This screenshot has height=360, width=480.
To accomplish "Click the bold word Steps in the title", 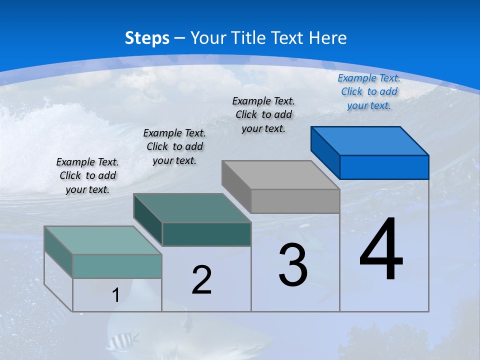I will (147, 38).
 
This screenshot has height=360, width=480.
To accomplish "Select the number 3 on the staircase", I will (293, 265).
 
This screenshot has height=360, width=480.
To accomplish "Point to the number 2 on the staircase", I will (201, 280).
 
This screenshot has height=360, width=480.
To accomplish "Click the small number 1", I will (115, 295).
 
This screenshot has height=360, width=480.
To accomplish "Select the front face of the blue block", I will (384, 167).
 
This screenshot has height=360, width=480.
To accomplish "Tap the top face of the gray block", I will (280, 174).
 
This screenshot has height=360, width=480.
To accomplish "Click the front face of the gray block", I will (295, 201).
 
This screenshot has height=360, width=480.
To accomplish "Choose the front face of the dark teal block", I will (206, 234).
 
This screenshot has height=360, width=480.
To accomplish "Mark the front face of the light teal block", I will (117, 266).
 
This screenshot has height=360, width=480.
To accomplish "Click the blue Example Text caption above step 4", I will (369, 91).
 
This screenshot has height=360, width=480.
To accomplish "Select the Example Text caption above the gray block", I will (263, 114).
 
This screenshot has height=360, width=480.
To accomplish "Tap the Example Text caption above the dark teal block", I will (174, 146).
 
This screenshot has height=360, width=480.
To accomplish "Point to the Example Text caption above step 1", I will (87, 175).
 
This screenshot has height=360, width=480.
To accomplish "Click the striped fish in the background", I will (122, 341).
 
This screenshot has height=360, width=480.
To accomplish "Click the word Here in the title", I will (327, 38).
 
